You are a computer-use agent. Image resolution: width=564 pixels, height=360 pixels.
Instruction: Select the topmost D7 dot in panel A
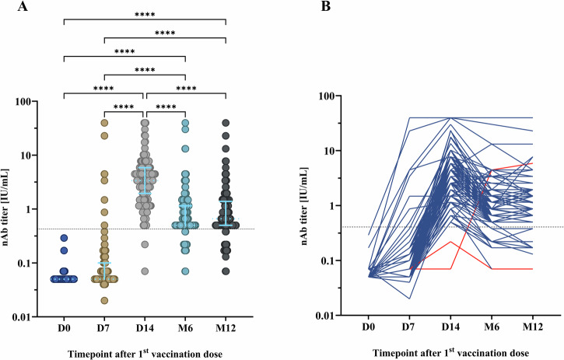[103, 123]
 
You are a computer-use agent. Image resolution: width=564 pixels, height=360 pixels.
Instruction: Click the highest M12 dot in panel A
[226, 123]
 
